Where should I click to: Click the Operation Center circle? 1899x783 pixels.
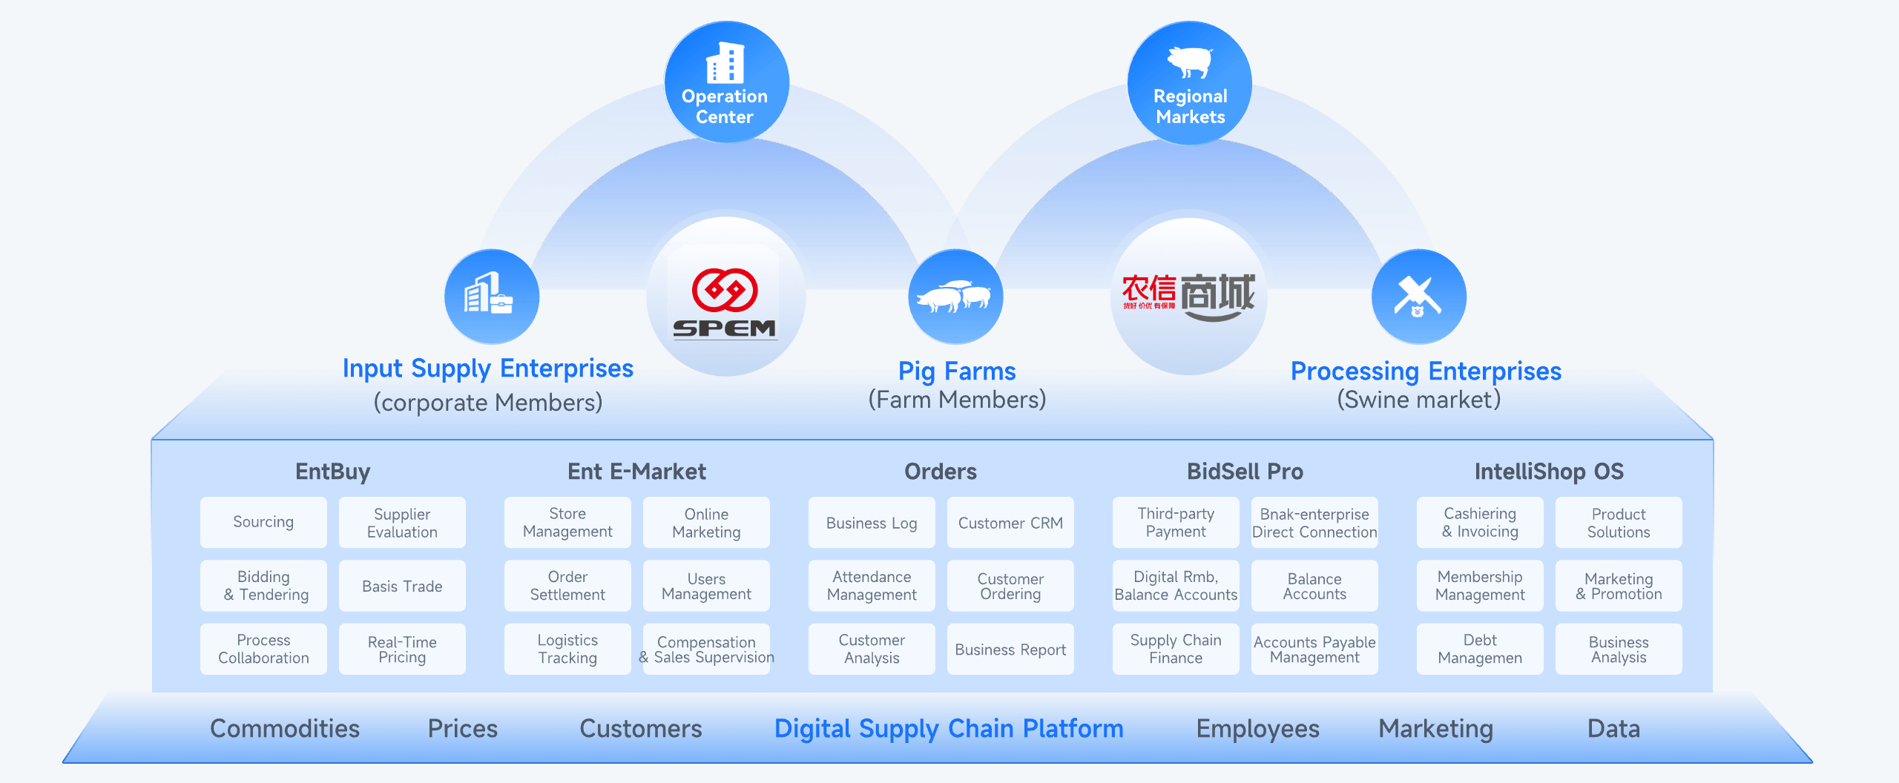pos(725,82)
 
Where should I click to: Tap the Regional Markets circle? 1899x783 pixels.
pos(1190,82)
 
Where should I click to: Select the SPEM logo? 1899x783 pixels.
pos(725,303)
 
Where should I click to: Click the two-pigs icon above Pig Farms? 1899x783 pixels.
pos(955,297)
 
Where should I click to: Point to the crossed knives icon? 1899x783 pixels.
pos(1418,297)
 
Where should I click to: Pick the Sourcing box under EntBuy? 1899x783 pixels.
pos(263,522)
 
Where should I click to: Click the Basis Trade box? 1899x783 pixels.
pos(402,586)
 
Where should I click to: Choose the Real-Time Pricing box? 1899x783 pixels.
pos(402,649)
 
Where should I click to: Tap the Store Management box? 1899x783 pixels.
pos(567,522)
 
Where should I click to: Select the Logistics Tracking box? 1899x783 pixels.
pos(567,649)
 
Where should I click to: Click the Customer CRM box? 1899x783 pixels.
pos(1010,522)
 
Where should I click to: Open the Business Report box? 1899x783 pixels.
pos(1010,649)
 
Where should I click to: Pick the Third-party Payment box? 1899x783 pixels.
pos(1176,522)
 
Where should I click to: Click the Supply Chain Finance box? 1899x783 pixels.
pos(1176,649)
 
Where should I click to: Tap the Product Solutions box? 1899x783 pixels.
pos(1619,522)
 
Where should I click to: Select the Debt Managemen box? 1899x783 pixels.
pos(1480,649)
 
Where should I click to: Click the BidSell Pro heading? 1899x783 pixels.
pos(1245,471)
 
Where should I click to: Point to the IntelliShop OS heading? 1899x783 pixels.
pos(1549,471)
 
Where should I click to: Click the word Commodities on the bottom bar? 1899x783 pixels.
pos(285,728)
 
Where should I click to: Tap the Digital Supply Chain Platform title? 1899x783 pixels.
pos(949,728)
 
